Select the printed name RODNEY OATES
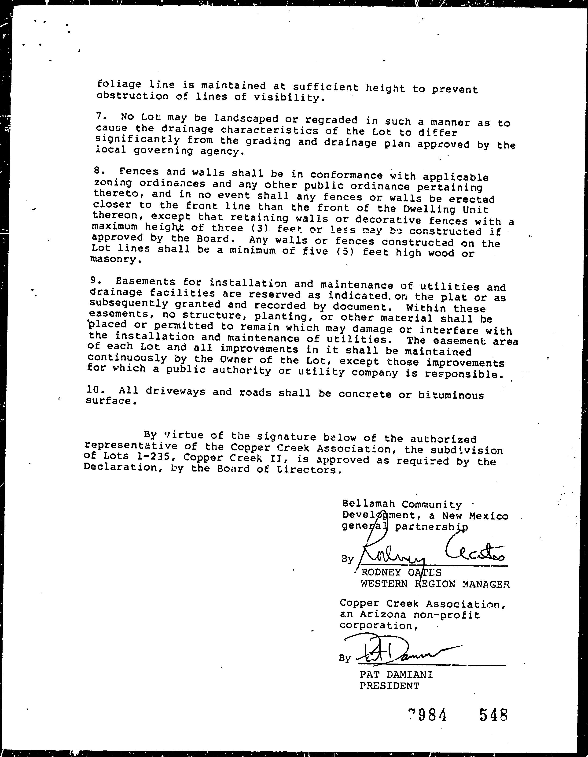(401, 572)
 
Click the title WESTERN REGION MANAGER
(435, 584)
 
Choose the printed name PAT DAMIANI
(396, 675)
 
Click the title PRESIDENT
(389, 686)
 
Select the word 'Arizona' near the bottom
(383, 615)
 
